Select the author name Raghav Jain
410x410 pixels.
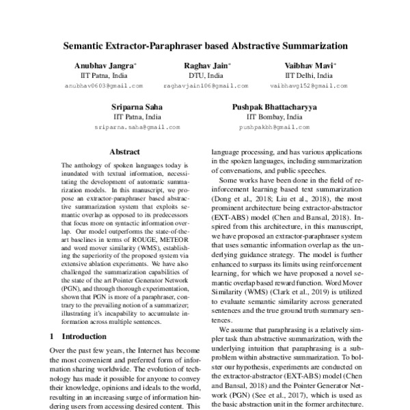[206, 66]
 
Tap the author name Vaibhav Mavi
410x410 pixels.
[308, 66]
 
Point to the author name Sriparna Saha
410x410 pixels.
[136, 107]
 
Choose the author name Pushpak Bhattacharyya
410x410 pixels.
[274, 107]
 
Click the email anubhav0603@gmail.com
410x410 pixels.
[103, 86]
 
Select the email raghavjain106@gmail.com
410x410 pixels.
[206, 86]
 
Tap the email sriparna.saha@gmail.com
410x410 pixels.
[137, 127]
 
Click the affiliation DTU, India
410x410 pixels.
[206, 76]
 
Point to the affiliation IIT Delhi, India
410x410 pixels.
[309, 76]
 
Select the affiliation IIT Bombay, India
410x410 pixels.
[274, 117]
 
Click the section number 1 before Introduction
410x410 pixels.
[53, 336]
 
